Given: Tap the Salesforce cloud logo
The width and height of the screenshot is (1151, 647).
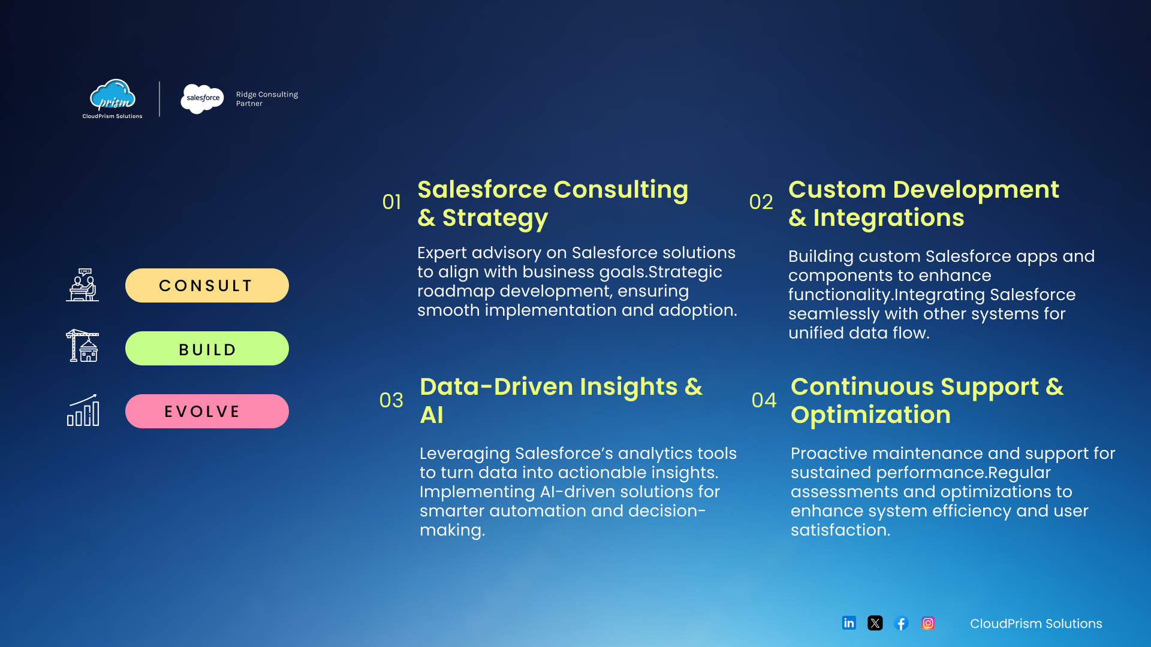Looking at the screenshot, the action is (x=203, y=99).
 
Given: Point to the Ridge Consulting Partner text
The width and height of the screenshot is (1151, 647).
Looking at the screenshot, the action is (x=267, y=99).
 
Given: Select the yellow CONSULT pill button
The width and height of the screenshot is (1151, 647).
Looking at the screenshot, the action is (x=207, y=285).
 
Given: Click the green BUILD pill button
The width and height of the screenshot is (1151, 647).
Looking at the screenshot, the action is (x=207, y=348).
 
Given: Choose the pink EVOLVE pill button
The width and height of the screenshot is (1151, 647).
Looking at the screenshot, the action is (x=207, y=411).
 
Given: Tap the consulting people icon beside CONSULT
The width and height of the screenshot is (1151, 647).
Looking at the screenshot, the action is (x=83, y=285).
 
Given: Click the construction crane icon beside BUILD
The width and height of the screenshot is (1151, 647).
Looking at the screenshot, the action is (x=83, y=346).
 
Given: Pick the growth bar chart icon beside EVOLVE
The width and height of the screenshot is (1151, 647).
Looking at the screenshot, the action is (x=83, y=410).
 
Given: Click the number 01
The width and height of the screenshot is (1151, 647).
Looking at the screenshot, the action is (x=391, y=202).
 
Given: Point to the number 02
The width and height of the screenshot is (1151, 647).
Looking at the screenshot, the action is (x=761, y=202).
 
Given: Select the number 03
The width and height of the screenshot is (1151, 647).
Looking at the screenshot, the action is (x=391, y=400).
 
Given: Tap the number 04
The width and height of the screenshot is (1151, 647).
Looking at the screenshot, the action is (x=764, y=400).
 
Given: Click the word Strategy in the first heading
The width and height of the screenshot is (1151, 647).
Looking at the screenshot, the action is (x=495, y=219).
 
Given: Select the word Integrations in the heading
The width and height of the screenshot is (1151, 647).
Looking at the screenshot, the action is (x=888, y=218).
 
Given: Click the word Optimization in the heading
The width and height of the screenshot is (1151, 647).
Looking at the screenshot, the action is (x=870, y=415).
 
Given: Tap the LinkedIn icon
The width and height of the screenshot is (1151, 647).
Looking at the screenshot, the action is (x=849, y=623).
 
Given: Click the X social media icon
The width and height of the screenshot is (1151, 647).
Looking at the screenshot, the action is (x=875, y=623).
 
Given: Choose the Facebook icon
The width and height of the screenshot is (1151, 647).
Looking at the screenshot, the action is (x=901, y=623).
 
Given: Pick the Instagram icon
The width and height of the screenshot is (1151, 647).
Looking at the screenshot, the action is (x=928, y=623).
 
